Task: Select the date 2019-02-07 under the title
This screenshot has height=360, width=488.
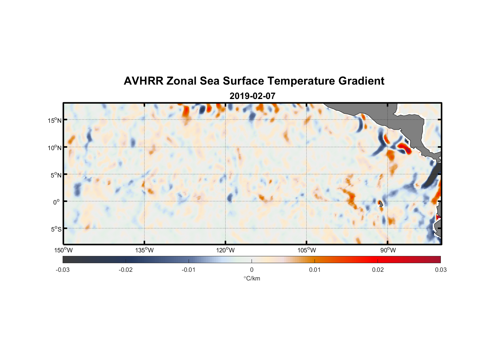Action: click(252, 96)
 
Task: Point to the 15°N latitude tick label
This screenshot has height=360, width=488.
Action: click(55, 120)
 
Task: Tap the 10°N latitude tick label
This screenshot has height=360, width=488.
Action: click(55, 148)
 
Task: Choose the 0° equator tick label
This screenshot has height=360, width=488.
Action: click(57, 202)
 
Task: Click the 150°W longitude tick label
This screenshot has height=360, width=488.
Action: click(64, 250)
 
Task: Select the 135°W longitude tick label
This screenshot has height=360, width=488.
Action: click(145, 250)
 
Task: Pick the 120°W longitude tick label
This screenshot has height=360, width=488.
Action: click(226, 250)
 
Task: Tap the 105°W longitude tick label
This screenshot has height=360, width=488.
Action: click(307, 250)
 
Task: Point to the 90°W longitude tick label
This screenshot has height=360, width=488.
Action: click(388, 250)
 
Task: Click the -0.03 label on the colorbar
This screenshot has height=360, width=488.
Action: click(63, 270)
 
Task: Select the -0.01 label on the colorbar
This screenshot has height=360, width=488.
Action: click(189, 270)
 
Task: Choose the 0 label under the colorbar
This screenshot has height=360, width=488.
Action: click(252, 270)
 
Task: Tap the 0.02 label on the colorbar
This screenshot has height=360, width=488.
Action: click(378, 270)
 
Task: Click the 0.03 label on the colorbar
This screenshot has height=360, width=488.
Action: click(440, 270)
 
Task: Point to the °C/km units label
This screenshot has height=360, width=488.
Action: click(252, 278)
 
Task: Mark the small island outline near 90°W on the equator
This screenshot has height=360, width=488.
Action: click(380, 203)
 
